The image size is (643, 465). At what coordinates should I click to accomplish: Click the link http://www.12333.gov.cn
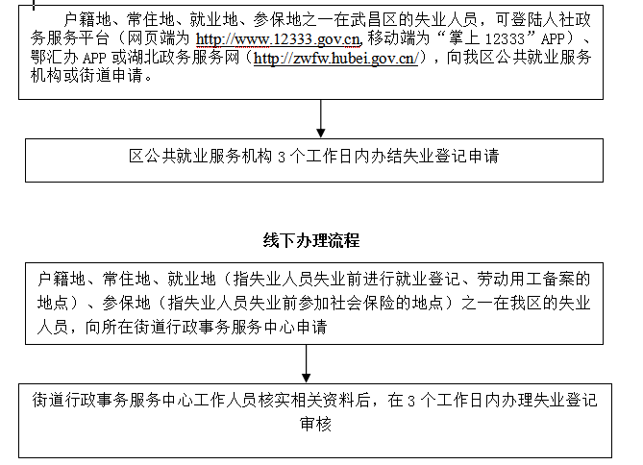(x=278, y=39)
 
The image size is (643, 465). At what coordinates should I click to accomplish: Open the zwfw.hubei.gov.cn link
(x=335, y=58)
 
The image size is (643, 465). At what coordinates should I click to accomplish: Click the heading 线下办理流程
(x=311, y=240)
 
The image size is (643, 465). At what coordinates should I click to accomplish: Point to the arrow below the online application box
(x=321, y=118)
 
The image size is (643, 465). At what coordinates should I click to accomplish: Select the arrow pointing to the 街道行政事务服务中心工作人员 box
(x=306, y=364)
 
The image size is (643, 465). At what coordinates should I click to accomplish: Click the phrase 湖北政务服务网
(x=184, y=58)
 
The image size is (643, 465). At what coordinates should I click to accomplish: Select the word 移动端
(x=391, y=38)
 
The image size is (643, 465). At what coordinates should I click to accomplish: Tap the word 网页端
(x=151, y=38)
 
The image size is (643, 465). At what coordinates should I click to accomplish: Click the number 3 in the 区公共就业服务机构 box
(x=282, y=157)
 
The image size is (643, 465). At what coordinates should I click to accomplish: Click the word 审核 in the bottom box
(x=315, y=424)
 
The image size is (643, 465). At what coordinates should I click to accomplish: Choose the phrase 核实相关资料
(x=307, y=401)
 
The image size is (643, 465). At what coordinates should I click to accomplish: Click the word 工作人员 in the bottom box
(x=226, y=401)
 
